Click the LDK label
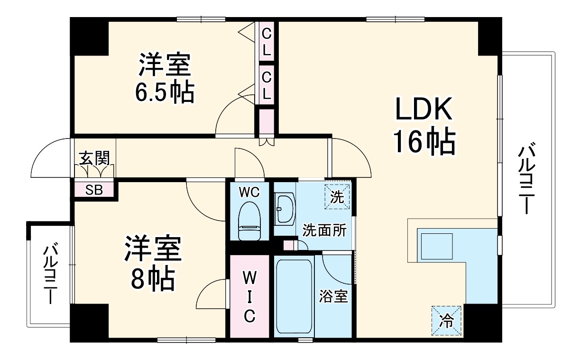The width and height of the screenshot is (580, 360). (x=423, y=109)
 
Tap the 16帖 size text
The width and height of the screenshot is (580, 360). (x=424, y=142)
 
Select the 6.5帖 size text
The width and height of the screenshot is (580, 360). (x=165, y=92)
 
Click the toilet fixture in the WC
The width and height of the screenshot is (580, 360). (x=249, y=221)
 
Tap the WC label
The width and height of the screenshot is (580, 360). (x=249, y=192)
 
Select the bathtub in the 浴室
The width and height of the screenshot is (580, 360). (x=294, y=297)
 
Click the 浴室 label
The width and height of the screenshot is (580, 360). (x=333, y=296)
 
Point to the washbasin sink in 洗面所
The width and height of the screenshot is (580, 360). (x=285, y=208)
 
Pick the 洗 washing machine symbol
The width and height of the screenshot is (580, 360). (x=337, y=197)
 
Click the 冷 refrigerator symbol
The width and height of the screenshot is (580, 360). (x=446, y=321)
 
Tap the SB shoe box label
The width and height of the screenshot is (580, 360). (x=94, y=190)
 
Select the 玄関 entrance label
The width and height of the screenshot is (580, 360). (x=94, y=158)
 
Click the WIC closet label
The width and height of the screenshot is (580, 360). (x=249, y=297)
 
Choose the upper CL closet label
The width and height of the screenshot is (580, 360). (x=267, y=42)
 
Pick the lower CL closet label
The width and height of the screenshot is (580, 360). (x=267, y=85)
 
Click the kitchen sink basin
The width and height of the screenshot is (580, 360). (x=437, y=246)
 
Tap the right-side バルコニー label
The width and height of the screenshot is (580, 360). (x=526, y=179)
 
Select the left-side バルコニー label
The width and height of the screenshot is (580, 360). (x=50, y=273)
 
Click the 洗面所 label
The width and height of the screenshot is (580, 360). (x=325, y=230)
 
